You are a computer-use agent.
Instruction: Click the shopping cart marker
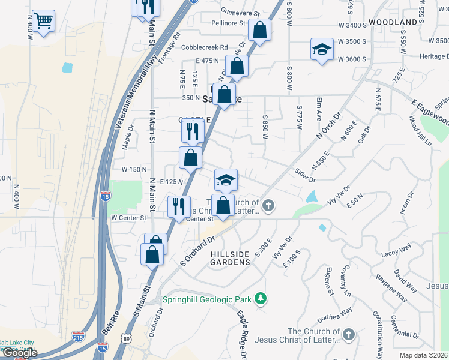point(43,21)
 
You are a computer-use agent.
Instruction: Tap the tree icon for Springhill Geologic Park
point(260,298)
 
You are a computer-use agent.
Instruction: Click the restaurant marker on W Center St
point(179,207)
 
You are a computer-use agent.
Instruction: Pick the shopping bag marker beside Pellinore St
point(259,30)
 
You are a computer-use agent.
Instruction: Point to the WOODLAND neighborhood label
point(393,22)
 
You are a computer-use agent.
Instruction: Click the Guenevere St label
point(240,13)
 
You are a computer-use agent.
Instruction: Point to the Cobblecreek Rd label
point(205,47)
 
